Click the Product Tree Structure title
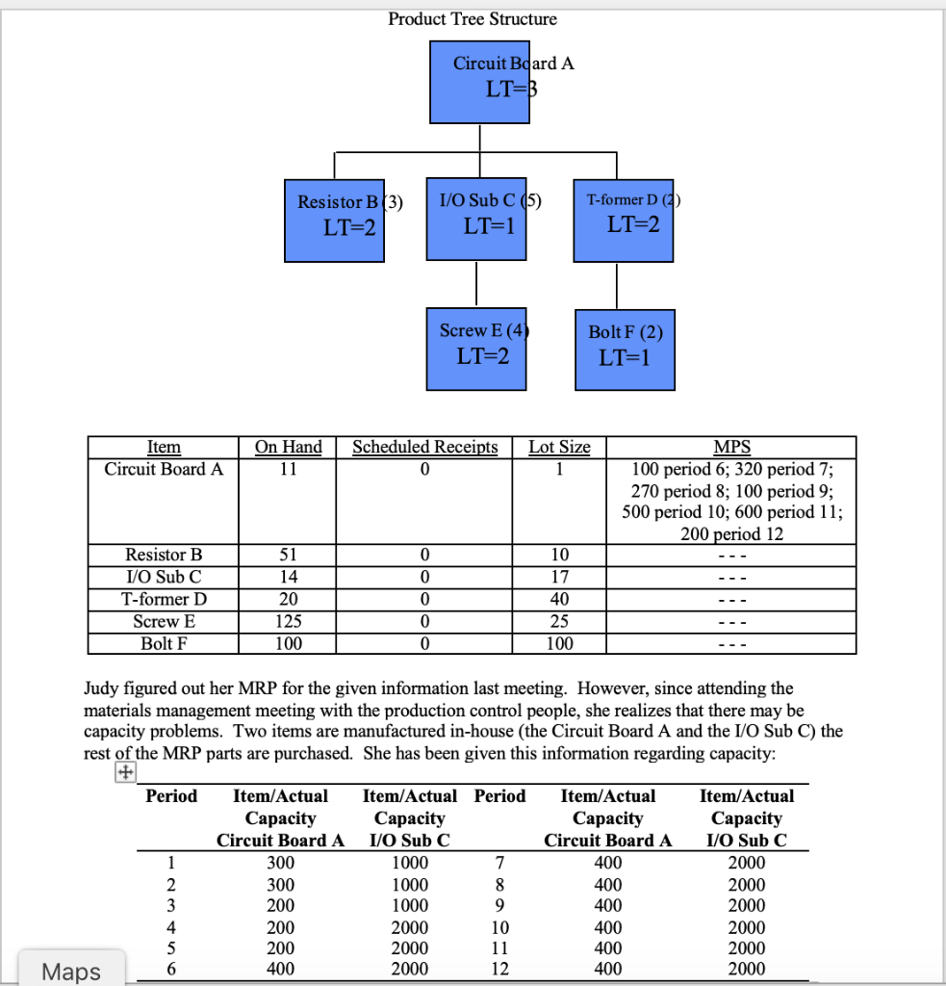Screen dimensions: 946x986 472,19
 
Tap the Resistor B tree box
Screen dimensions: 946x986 335,220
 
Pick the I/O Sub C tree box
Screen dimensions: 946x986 476,218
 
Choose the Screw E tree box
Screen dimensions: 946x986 476,348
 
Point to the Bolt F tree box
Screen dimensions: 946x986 625,349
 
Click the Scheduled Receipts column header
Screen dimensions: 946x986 424,447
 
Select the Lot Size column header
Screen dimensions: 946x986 560,447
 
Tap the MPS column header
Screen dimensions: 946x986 732,447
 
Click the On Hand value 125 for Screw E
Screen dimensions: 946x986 288,621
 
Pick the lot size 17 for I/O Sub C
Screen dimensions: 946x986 560,577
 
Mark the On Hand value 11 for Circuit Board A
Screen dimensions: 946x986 288,469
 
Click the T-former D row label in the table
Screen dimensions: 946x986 164,599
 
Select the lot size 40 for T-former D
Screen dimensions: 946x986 560,599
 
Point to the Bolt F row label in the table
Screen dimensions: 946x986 164,643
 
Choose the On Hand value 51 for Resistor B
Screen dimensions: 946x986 288,555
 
